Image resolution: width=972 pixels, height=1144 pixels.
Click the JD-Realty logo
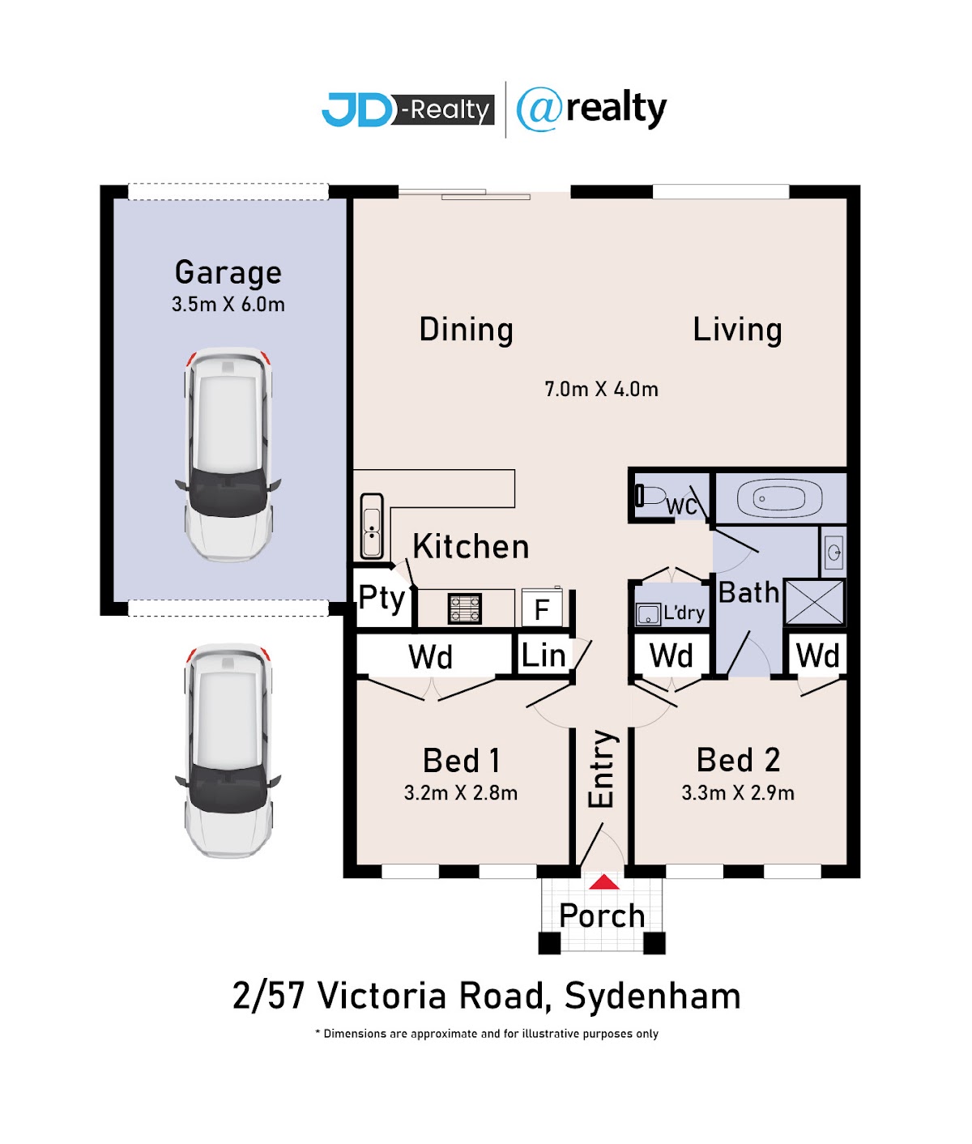407,109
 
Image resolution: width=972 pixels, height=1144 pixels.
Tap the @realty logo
590,109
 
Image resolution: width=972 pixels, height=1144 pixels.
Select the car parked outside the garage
228,750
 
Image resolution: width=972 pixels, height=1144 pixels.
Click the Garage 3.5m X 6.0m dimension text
228,305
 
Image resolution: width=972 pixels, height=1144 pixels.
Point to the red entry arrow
603,881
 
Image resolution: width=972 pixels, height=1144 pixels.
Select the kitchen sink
372,525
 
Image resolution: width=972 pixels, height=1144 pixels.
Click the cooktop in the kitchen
464,608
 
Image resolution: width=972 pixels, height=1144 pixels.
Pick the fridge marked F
542,608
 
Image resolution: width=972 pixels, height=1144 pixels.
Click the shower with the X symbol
814,602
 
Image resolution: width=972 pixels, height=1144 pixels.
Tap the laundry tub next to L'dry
648,614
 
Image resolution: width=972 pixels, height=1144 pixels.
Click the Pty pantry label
382,598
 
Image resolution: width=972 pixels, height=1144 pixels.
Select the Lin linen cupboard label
544,655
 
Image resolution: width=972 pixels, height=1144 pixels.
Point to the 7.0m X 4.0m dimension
601,389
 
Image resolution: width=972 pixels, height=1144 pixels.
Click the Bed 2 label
738,760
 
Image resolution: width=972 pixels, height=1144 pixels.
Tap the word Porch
602,916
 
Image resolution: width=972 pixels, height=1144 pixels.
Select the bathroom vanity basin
833,552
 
